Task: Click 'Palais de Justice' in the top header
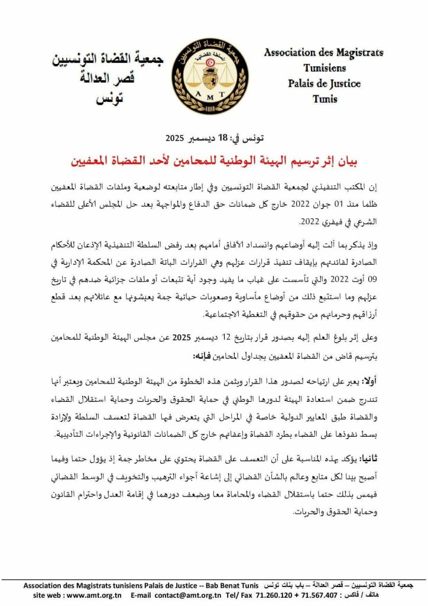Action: point(324,83)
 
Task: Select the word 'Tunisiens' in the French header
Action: point(325,68)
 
